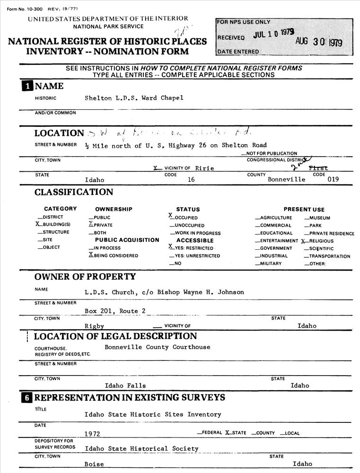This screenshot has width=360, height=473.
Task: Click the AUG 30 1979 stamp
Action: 318,42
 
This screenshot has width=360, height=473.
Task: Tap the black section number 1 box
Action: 28,86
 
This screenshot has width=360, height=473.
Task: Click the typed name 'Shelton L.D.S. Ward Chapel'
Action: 134,98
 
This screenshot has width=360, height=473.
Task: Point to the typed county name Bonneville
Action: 286,180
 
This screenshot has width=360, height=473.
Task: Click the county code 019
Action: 333,180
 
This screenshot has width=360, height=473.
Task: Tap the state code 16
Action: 191,180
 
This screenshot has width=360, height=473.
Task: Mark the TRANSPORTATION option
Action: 329,256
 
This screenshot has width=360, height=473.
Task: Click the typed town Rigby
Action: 94,326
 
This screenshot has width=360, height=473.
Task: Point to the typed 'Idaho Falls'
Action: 125,385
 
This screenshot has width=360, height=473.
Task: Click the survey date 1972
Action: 92,433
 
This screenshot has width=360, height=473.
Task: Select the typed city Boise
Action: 94,464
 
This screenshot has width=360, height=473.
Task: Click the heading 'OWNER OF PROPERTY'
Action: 85,276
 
